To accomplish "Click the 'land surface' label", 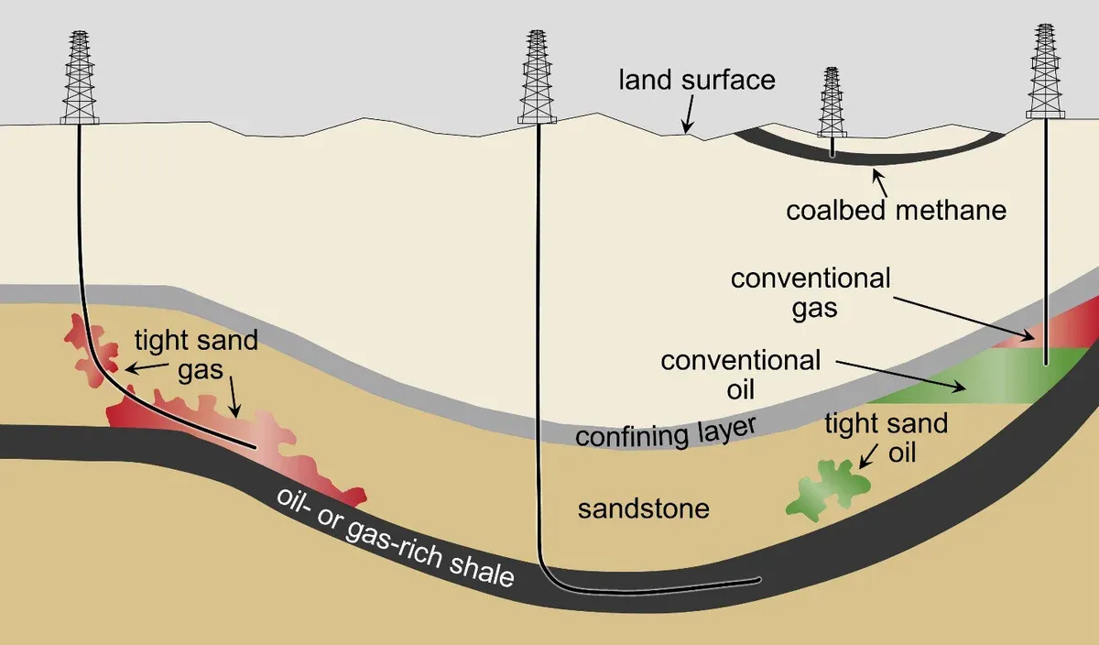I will click(697, 80).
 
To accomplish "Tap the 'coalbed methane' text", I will click(896, 210).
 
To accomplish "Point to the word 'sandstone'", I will click(643, 508).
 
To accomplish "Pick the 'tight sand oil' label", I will click(885, 438).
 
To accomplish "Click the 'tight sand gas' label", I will click(196, 356).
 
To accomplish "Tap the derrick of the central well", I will click(538, 77).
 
